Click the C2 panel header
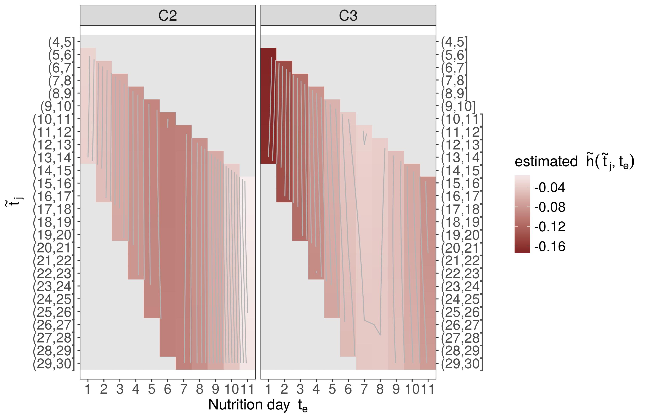click(167, 16)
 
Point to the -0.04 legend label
click(550, 188)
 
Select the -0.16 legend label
click(550, 247)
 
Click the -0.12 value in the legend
click(550, 227)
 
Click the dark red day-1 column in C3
click(268, 106)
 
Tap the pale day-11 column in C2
click(247, 272)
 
